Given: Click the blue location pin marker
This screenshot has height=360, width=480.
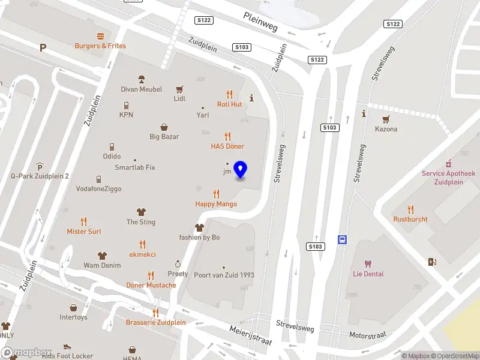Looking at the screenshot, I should [241, 170].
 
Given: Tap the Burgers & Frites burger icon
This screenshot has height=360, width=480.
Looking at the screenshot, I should [100, 35].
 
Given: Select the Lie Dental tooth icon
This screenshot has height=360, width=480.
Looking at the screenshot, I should [368, 264].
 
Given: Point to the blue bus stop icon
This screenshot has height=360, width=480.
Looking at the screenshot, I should [343, 239].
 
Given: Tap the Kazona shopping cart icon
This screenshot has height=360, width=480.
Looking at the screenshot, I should [386, 119].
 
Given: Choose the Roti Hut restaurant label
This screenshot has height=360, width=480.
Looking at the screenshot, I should [229, 104].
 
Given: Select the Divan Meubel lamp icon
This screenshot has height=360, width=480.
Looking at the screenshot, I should [142, 79].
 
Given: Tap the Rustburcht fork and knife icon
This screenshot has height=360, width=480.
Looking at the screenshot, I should [410, 209].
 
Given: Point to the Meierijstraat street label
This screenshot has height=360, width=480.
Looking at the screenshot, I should [251, 335].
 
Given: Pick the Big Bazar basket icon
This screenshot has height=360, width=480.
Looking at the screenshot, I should [164, 127].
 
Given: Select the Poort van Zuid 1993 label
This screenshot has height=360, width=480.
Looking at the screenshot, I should [224, 275].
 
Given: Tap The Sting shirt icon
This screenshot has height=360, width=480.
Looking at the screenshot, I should [141, 212].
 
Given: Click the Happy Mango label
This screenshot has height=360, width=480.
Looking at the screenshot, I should [216, 204].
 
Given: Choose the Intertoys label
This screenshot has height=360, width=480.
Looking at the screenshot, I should [73, 317].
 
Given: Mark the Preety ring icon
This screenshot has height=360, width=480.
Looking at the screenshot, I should [178, 264].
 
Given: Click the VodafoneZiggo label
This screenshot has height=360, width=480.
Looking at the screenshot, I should [98, 189].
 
